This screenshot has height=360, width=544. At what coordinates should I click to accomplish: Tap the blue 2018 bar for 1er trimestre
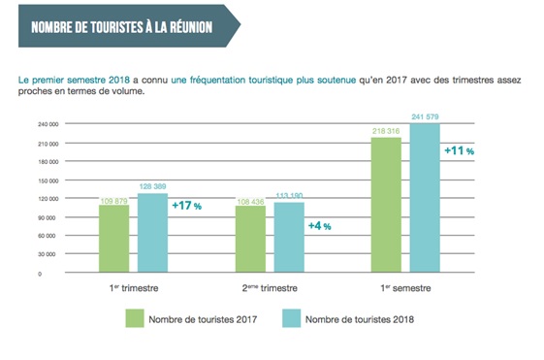[151, 234]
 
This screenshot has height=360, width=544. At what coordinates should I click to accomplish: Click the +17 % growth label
[185, 206]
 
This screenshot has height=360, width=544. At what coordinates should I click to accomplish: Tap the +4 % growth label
[320, 225]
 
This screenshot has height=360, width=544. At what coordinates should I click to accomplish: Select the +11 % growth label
[459, 151]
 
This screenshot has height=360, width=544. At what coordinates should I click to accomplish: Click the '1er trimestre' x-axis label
[134, 288]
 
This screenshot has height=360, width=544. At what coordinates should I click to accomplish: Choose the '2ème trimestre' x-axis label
[271, 288]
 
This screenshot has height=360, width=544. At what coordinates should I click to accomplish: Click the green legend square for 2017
[133, 319]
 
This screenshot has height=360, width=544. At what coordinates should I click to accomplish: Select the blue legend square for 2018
[290, 319]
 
